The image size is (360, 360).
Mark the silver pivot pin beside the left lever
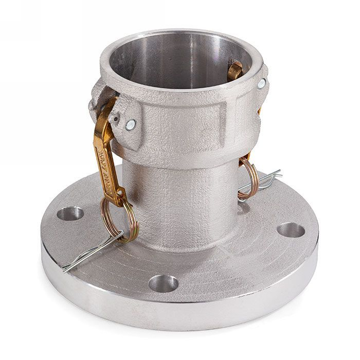[131, 123]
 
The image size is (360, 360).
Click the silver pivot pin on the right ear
[262, 84]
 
